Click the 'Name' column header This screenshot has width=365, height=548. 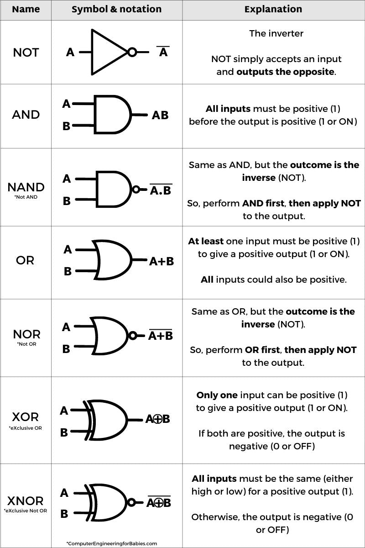[x=26, y=10]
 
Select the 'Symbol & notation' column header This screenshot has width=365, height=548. [x=116, y=10]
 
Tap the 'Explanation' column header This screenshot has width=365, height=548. [x=273, y=10]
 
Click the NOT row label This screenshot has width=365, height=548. [x=26, y=53]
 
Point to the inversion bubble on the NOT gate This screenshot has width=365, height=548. [x=132, y=52]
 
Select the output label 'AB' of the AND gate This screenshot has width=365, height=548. [x=160, y=115]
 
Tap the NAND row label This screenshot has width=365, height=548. [x=26, y=187]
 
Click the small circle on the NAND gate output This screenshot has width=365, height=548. [x=136, y=189]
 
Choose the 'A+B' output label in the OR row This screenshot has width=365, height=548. [x=162, y=262]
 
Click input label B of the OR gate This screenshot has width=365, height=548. [x=68, y=272]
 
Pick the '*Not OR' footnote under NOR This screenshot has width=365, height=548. [x=26, y=344]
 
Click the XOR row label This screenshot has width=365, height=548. [x=25, y=417]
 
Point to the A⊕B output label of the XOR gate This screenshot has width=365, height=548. [x=157, y=419]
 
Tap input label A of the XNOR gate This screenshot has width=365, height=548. [x=64, y=493]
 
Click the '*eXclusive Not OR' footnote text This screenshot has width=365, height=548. [x=26, y=511]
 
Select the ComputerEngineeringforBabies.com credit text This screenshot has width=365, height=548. [x=111, y=543]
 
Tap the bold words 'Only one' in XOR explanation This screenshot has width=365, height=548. [x=217, y=395]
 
